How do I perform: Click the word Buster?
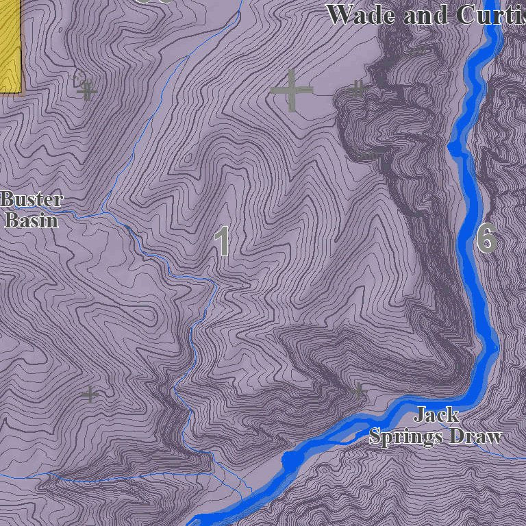click(x=32, y=200)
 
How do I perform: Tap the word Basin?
click(x=32, y=220)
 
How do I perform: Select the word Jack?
click(x=436, y=414)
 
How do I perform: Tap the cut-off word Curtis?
click(x=488, y=14)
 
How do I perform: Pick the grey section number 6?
click(x=486, y=238)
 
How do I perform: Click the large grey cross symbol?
click(x=292, y=90)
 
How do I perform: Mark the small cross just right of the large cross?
click(x=358, y=88)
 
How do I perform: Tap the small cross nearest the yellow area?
click(x=86, y=90)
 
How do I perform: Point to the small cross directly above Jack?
click(x=359, y=391)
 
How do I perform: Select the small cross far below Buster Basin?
click(x=90, y=394)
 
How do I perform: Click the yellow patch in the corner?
click(x=10, y=45)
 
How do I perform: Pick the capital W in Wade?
click(x=339, y=14)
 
